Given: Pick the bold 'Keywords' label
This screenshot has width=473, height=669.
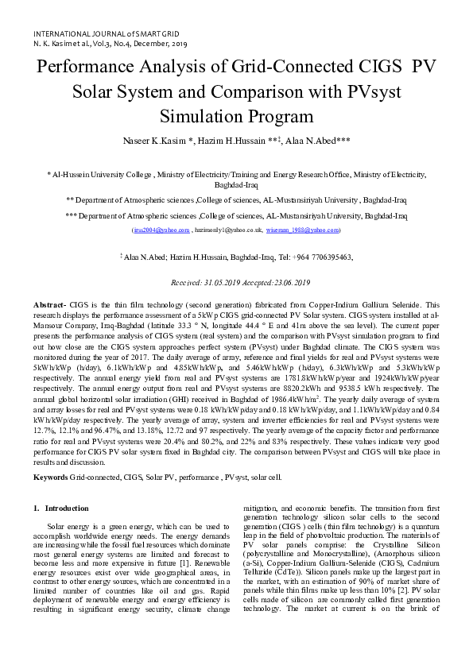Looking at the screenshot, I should click(50, 454).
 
